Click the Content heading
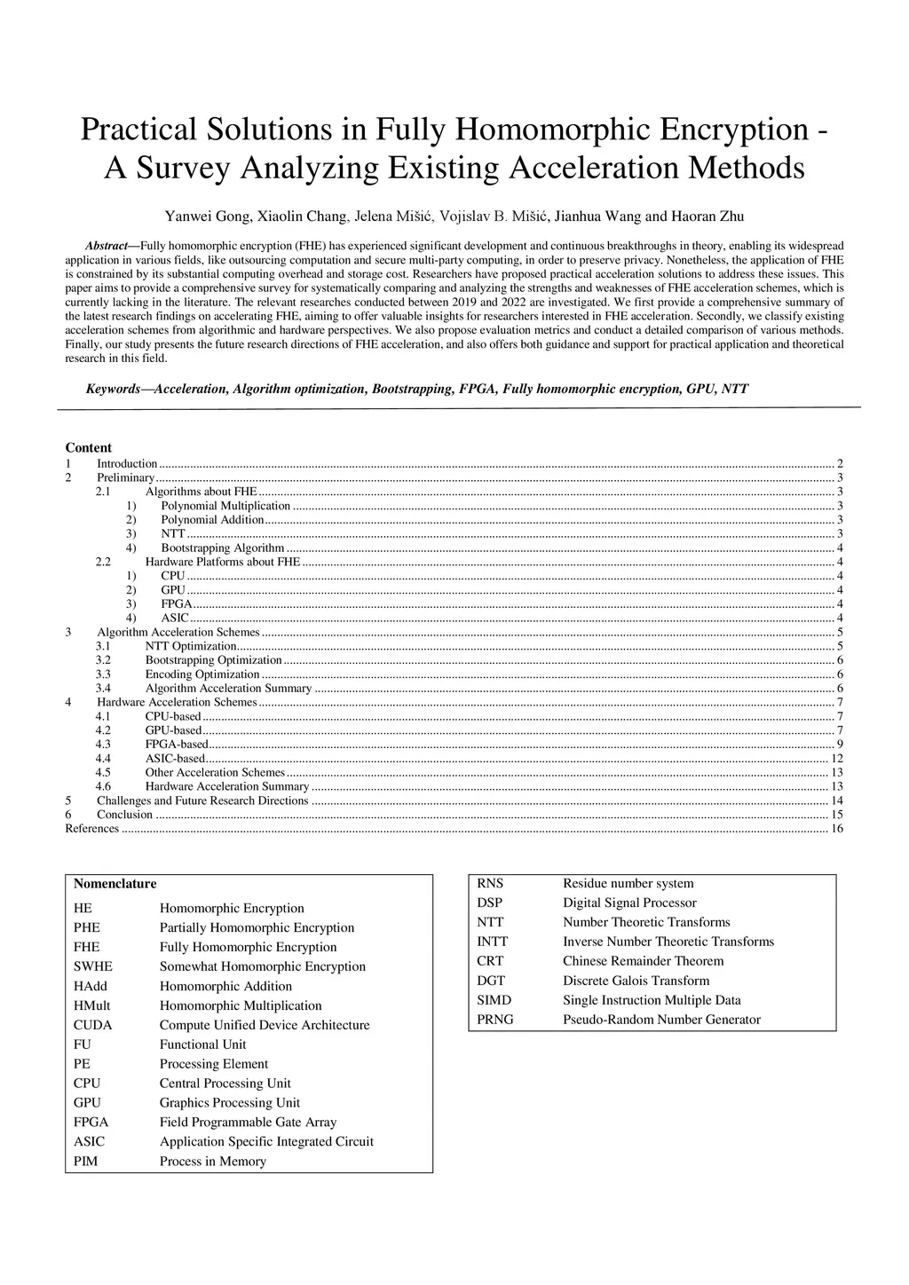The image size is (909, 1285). tap(89, 448)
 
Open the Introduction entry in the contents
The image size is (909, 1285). tap(127, 463)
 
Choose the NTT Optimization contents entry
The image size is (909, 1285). tap(191, 646)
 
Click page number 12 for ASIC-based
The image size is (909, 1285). tap(836, 759)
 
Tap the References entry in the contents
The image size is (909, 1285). tap(92, 829)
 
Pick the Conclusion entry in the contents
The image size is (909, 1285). tap(124, 815)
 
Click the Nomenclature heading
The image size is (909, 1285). tap(115, 884)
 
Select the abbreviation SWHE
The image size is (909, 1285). tap(93, 966)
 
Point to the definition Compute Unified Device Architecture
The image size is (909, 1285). tap(265, 1025)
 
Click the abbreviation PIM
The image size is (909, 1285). tap(86, 1161)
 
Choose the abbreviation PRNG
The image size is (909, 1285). tap(495, 1020)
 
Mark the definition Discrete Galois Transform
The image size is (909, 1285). tap(636, 981)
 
